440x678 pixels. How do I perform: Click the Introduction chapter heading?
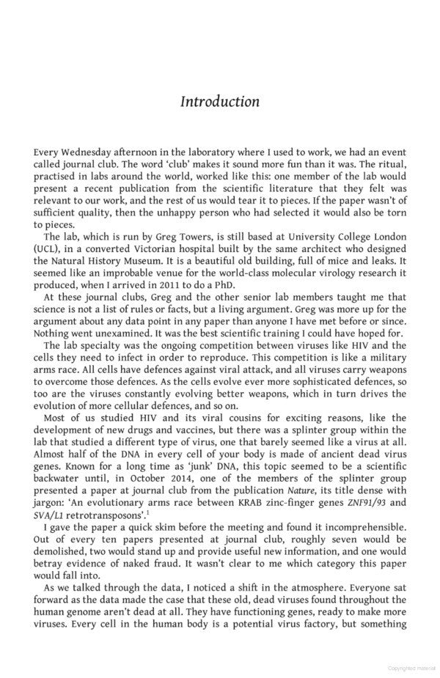219,102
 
